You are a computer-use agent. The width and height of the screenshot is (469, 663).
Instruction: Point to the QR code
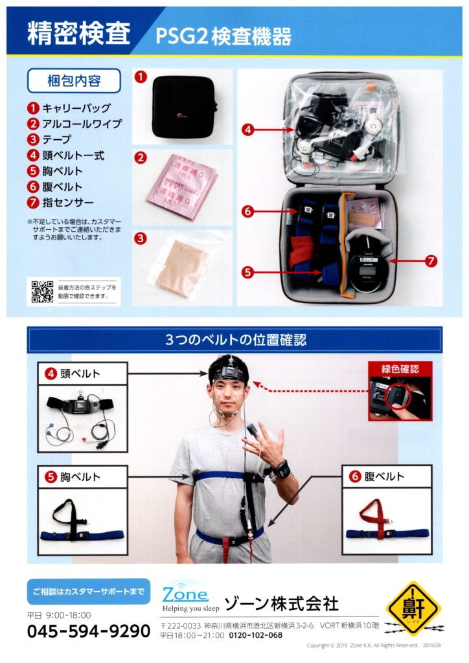[x=41, y=291]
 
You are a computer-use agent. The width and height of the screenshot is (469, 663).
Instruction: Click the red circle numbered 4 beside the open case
[x=247, y=129]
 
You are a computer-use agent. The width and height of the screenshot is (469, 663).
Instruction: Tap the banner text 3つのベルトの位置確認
[x=234, y=340]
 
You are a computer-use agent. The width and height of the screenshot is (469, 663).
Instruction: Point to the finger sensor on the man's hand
[x=254, y=430]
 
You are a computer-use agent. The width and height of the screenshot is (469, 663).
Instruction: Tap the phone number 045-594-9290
[x=89, y=631]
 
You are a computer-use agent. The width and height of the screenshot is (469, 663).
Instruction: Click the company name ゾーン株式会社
[x=281, y=605]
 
